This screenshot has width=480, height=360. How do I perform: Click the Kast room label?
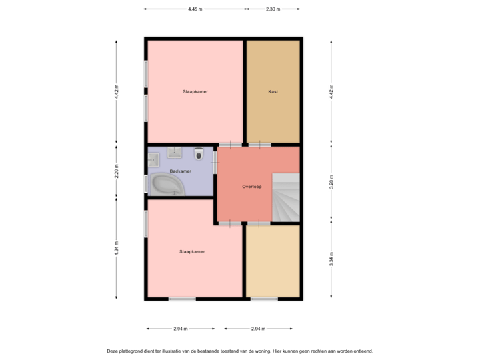pyautogui.click(x=273, y=91)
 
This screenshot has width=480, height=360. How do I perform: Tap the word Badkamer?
pyautogui.click(x=180, y=171)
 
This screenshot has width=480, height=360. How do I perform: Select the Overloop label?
pyautogui.click(x=251, y=187)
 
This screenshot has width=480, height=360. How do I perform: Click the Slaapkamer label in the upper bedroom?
pyautogui.click(x=195, y=91)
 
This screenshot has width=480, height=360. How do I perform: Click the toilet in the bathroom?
pyautogui.click(x=198, y=155)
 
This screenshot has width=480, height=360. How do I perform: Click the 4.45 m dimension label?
pyautogui.click(x=195, y=9)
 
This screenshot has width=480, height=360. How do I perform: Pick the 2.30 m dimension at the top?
pyautogui.click(x=273, y=9)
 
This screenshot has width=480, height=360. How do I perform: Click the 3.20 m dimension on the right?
pyautogui.click(x=331, y=183)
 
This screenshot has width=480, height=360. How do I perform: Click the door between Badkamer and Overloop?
pyautogui.click(x=215, y=163)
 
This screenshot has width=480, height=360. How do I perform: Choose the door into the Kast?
pyautogui.click(x=259, y=145)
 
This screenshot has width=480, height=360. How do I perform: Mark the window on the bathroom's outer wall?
pyautogui.click(x=145, y=183)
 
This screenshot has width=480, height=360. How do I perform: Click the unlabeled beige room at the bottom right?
pyautogui.click(x=273, y=261)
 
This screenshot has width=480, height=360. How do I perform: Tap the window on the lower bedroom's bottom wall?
pyautogui.click(x=182, y=299)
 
